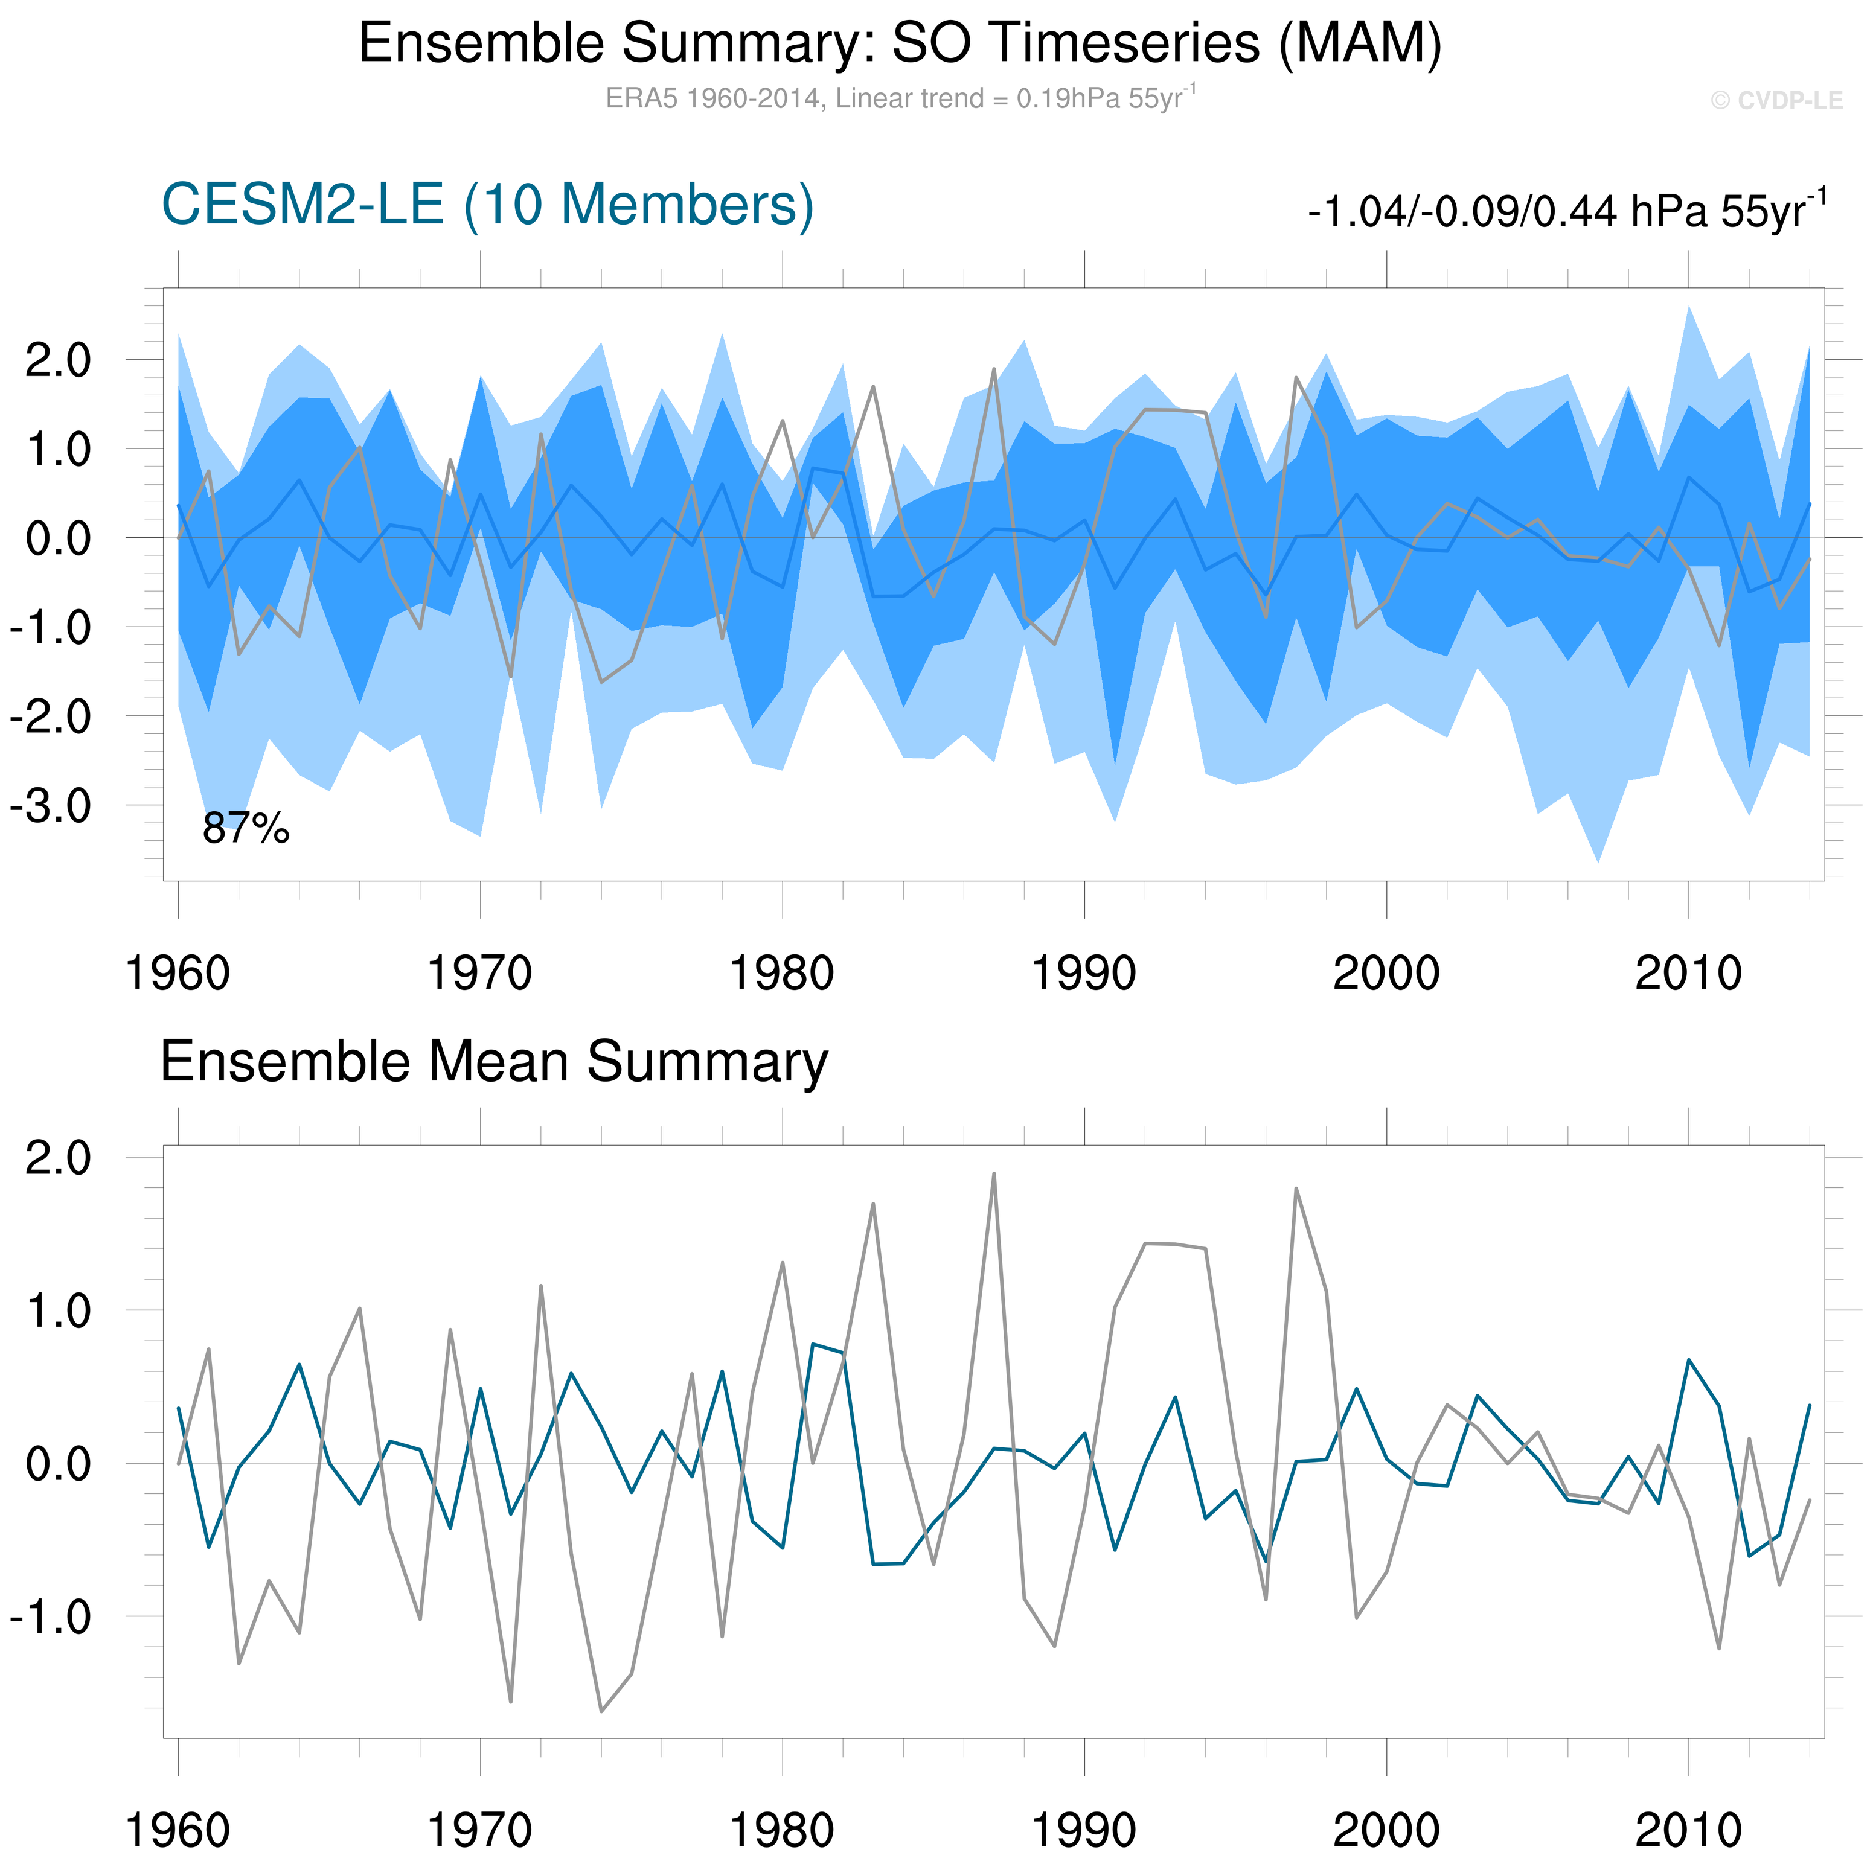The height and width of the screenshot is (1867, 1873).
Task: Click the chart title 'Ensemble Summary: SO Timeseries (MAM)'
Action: coord(900,43)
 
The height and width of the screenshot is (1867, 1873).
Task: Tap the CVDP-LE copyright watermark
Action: coord(1776,101)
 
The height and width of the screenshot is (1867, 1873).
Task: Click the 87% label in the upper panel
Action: coord(245,829)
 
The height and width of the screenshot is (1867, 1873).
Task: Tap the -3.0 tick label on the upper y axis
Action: coord(50,806)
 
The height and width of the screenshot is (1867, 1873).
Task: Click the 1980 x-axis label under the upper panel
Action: coord(781,973)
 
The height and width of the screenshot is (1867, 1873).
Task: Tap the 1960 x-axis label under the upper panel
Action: coord(178,973)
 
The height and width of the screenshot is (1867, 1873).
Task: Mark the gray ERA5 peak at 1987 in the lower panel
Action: coord(994,1174)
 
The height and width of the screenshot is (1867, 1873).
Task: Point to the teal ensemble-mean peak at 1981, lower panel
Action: coord(812,1344)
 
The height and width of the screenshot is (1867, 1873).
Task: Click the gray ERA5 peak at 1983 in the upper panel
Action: coord(874,387)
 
